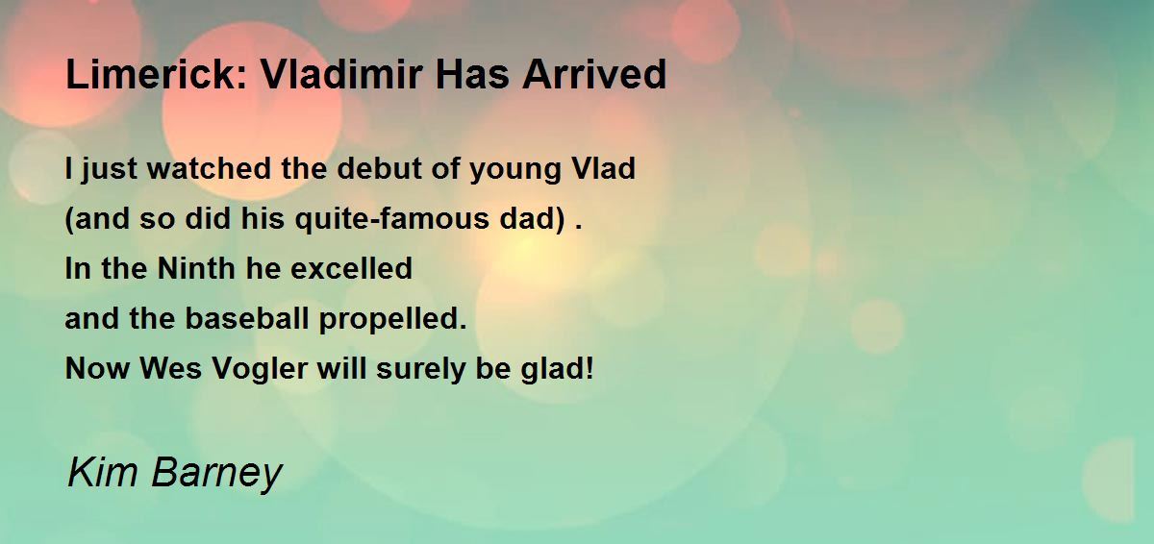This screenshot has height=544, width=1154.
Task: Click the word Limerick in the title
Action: point(157,74)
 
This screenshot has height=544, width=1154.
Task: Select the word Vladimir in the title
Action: point(341,74)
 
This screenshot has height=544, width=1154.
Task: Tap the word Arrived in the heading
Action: point(594,74)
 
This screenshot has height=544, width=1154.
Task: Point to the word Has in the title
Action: point(472,74)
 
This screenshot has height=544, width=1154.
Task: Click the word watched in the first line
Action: point(210,168)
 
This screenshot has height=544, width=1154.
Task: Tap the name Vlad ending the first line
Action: point(604,168)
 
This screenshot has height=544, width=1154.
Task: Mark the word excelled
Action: point(351,268)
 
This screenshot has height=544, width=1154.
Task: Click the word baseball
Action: point(247,318)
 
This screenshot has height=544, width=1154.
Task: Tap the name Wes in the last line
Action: point(170,368)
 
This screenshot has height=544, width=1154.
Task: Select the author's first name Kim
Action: point(103,472)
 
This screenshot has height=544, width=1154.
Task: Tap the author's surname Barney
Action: point(217,475)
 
